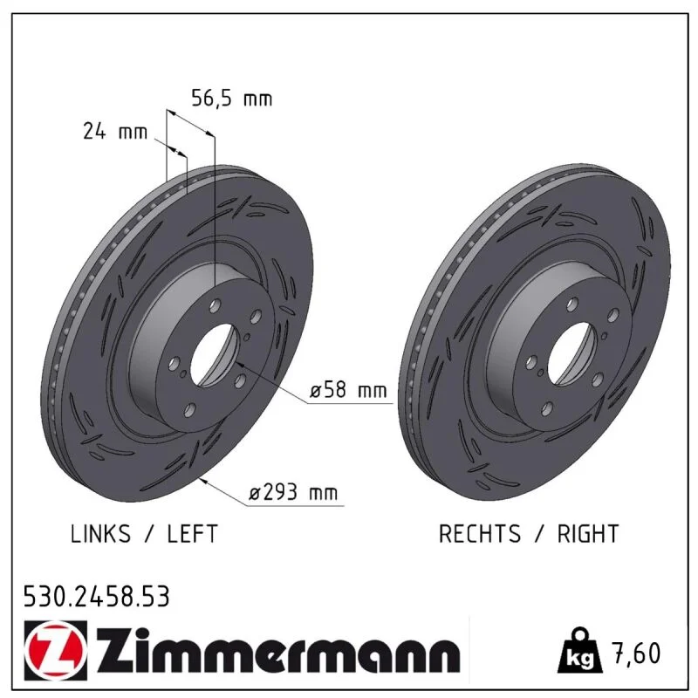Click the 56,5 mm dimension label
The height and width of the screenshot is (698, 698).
click(231, 99)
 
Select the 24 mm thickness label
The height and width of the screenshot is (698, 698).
click(115, 132)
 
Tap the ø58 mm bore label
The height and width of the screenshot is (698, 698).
click(348, 390)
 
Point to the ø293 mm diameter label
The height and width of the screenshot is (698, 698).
click(293, 492)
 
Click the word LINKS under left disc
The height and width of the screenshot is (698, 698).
click(100, 533)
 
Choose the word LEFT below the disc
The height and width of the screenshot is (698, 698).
click(192, 533)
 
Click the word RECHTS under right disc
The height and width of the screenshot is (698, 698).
click(479, 533)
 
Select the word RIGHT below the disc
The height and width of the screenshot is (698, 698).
click(588, 533)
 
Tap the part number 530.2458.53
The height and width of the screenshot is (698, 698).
click(97, 597)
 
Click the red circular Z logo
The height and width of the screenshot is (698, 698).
click(55, 649)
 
